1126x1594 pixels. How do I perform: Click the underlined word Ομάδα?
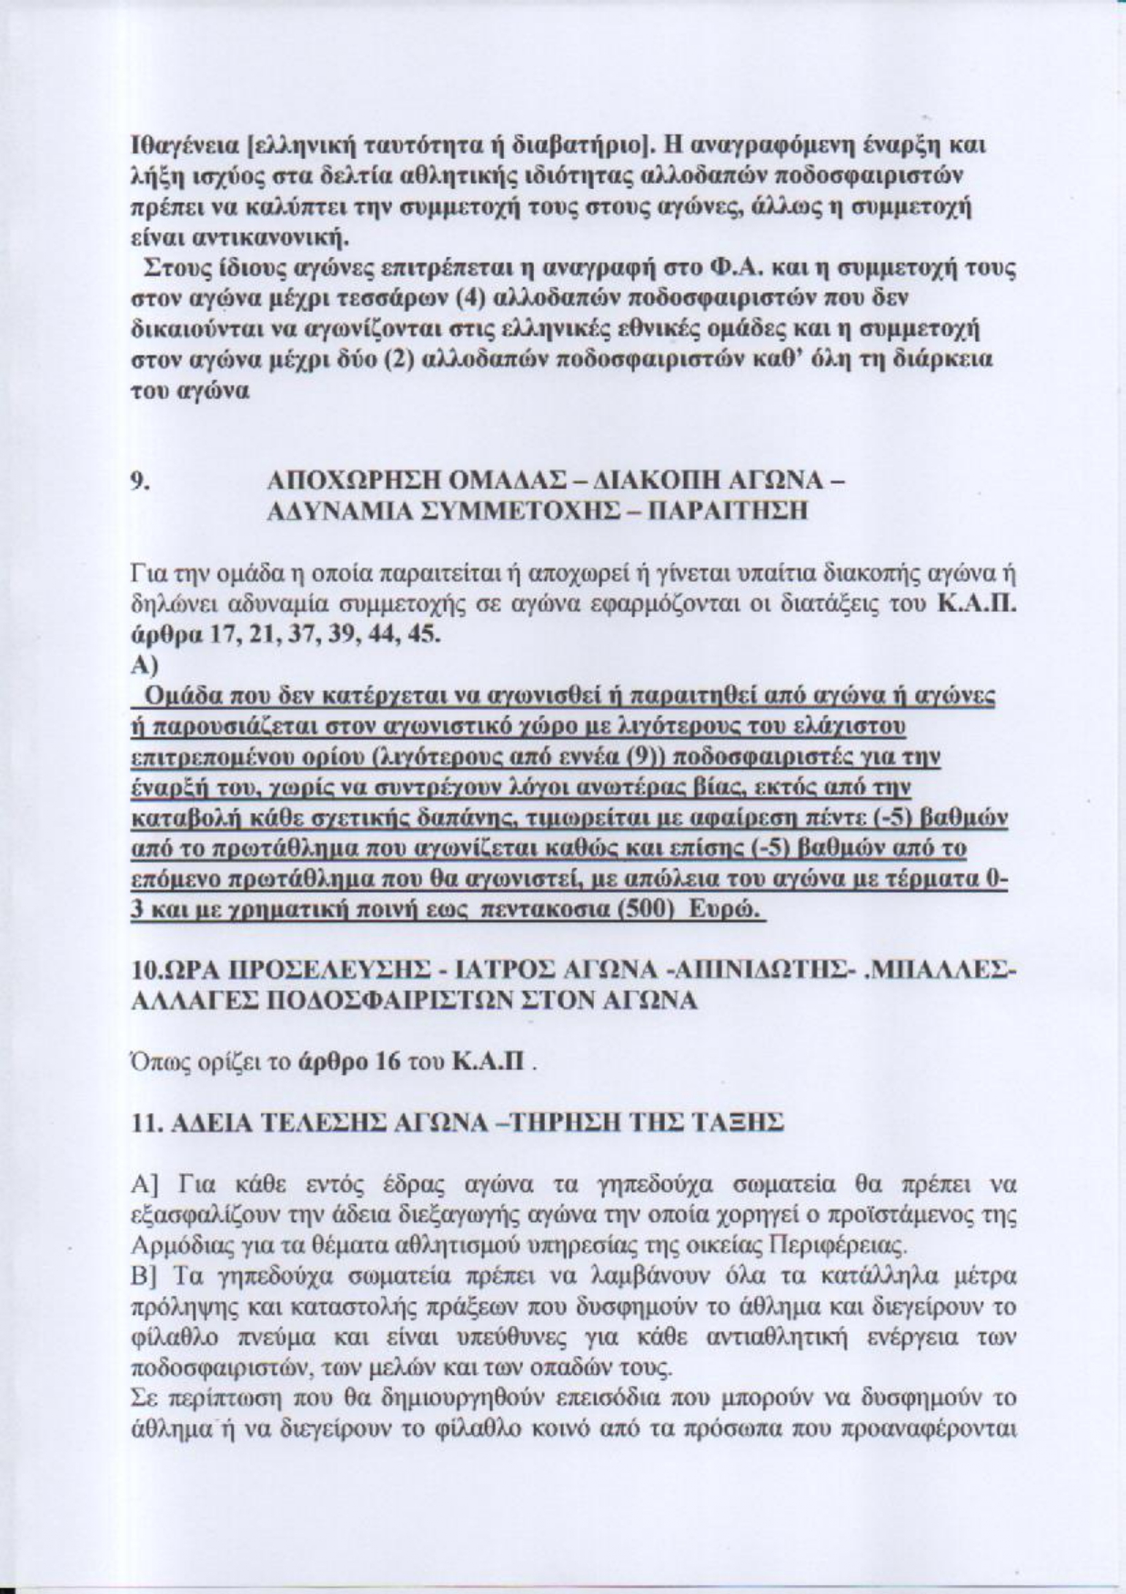click(182, 697)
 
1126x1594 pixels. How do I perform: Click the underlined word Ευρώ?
click(725, 912)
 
